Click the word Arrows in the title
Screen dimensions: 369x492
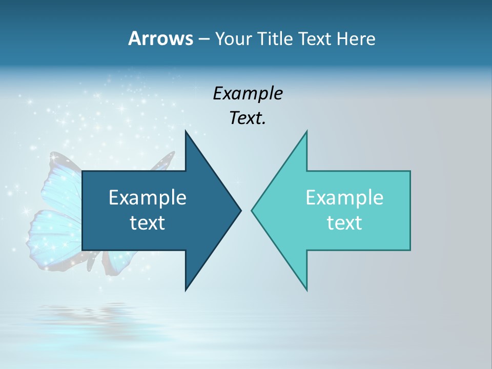tap(160, 38)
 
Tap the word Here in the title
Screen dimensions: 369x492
tap(356, 38)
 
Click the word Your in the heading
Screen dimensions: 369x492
tap(234, 39)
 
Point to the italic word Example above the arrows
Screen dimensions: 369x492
tap(248, 93)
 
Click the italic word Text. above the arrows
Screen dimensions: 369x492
tap(248, 118)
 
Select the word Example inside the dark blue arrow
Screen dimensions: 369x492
tap(148, 197)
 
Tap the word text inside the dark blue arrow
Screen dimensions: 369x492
tap(148, 223)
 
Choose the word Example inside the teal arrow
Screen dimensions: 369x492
tap(344, 197)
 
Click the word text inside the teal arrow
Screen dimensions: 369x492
tap(344, 223)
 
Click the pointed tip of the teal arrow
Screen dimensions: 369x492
tap(252, 210)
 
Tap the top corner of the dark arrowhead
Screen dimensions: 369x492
tap(186, 132)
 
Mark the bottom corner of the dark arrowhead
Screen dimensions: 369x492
tap(186, 290)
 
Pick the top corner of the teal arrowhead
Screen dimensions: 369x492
tap(306, 132)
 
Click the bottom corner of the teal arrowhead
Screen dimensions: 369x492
tap(306, 290)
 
